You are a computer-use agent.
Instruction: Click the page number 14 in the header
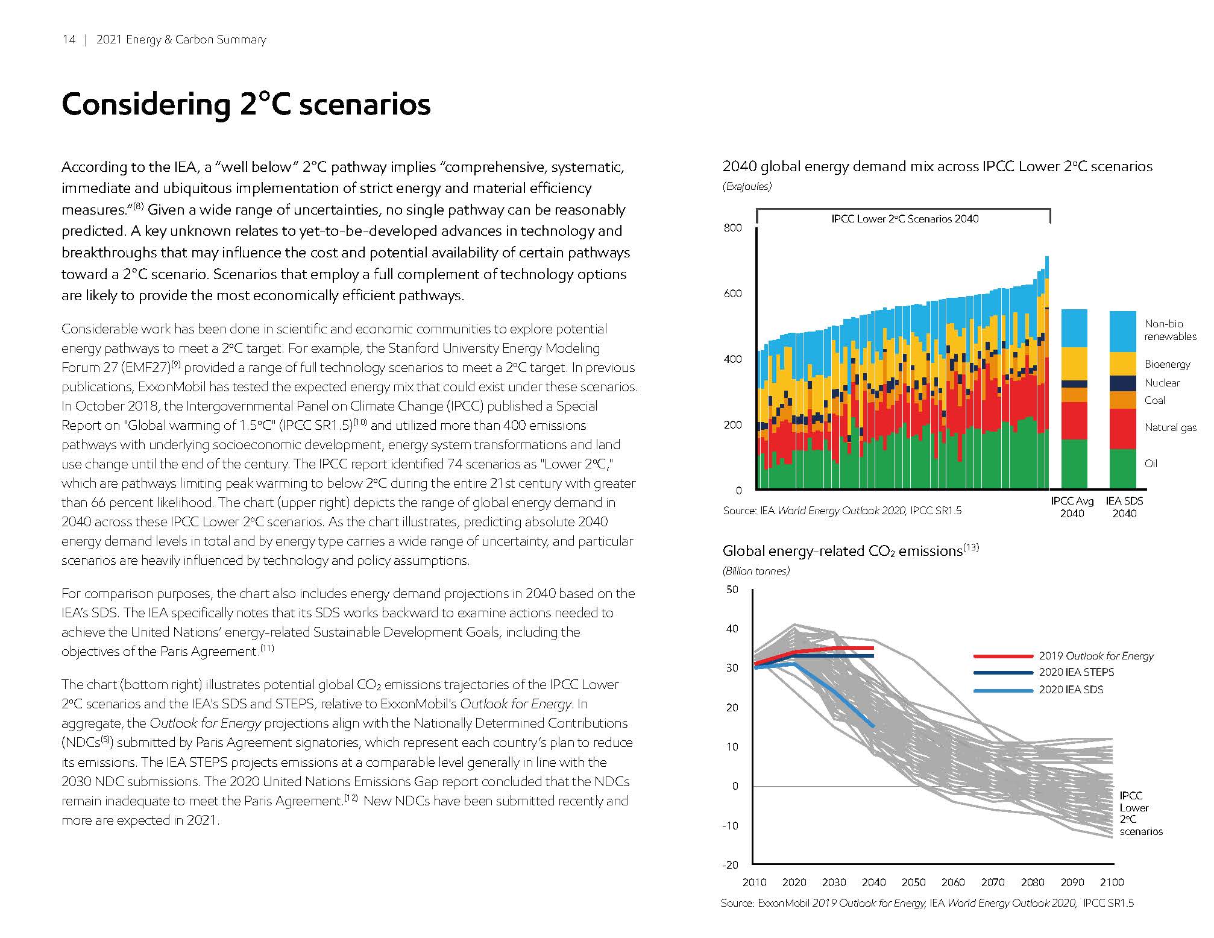click(x=69, y=40)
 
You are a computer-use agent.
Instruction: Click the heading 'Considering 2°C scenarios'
click(x=246, y=104)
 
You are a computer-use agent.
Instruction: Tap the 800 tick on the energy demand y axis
click(x=732, y=228)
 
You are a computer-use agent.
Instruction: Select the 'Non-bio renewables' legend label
click(x=1170, y=330)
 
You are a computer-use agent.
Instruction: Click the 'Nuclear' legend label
click(x=1162, y=383)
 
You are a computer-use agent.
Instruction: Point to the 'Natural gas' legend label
click(x=1170, y=427)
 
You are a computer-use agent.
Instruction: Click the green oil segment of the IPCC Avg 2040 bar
click(x=1074, y=464)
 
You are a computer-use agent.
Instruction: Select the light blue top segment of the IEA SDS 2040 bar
click(x=1123, y=332)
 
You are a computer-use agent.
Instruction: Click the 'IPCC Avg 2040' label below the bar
click(x=1072, y=507)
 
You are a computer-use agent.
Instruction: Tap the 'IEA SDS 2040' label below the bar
click(x=1124, y=507)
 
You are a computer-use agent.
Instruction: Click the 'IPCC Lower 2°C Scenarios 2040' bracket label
click(x=904, y=219)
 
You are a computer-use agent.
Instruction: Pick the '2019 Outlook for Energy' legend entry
click(x=1095, y=656)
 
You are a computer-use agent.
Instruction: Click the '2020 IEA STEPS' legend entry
click(x=1076, y=672)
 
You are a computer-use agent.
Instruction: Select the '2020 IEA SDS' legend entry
click(x=1071, y=690)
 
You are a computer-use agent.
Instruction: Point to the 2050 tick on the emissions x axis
click(x=913, y=883)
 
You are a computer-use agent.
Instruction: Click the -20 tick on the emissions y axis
click(x=730, y=865)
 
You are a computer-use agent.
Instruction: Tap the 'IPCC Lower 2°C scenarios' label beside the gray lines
click(x=1139, y=814)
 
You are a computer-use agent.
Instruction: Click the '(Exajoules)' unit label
click(x=747, y=187)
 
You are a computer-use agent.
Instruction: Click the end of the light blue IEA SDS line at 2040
click(x=873, y=726)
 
